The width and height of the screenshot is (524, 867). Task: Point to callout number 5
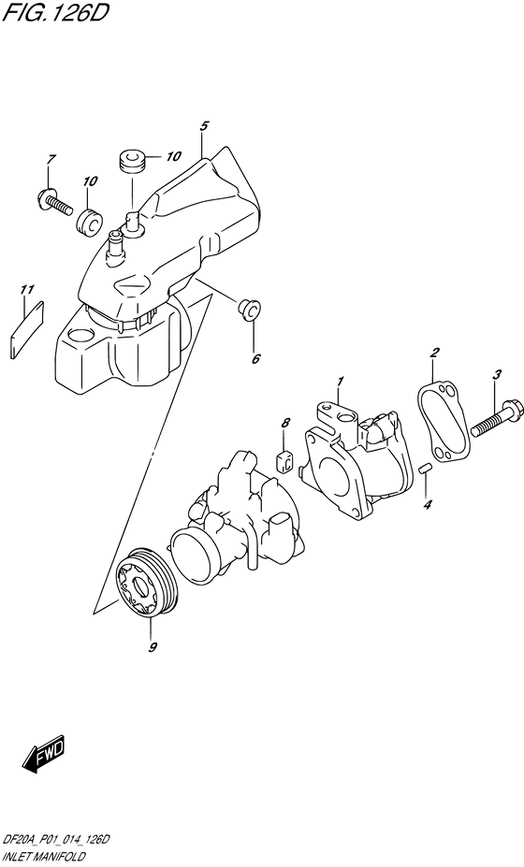pyautogui.click(x=204, y=125)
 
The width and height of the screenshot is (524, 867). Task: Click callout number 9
pyautogui.click(x=153, y=647)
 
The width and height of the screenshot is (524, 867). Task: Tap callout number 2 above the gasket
pyautogui.click(x=434, y=353)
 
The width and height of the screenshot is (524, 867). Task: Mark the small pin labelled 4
pyautogui.click(x=425, y=469)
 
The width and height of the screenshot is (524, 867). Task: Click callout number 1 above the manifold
pyautogui.click(x=342, y=381)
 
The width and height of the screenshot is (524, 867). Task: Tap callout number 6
pyautogui.click(x=255, y=357)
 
